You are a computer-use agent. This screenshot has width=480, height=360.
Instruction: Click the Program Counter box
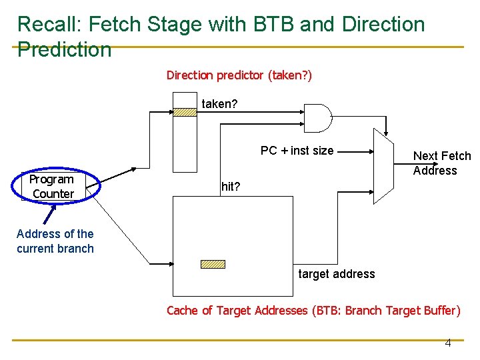[52, 187]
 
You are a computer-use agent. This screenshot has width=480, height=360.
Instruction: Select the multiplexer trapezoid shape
[386, 166]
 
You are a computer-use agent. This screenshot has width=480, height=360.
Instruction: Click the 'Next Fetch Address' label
[441, 163]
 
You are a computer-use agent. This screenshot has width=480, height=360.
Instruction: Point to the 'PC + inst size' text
[297, 151]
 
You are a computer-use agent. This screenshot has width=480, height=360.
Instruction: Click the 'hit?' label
[231, 187]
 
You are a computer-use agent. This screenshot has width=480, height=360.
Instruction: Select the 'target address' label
[336, 274]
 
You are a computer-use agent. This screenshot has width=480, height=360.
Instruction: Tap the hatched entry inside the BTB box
[213, 264]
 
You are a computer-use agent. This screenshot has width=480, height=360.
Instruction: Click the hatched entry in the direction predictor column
[185, 113]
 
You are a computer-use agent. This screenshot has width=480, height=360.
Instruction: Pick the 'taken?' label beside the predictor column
[219, 104]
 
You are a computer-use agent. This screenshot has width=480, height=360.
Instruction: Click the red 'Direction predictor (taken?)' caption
[239, 75]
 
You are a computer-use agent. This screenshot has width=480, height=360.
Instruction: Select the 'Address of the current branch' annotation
[55, 241]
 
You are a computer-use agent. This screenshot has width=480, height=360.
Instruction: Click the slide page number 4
[447, 343]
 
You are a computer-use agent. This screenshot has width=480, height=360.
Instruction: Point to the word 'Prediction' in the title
[64, 49]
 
